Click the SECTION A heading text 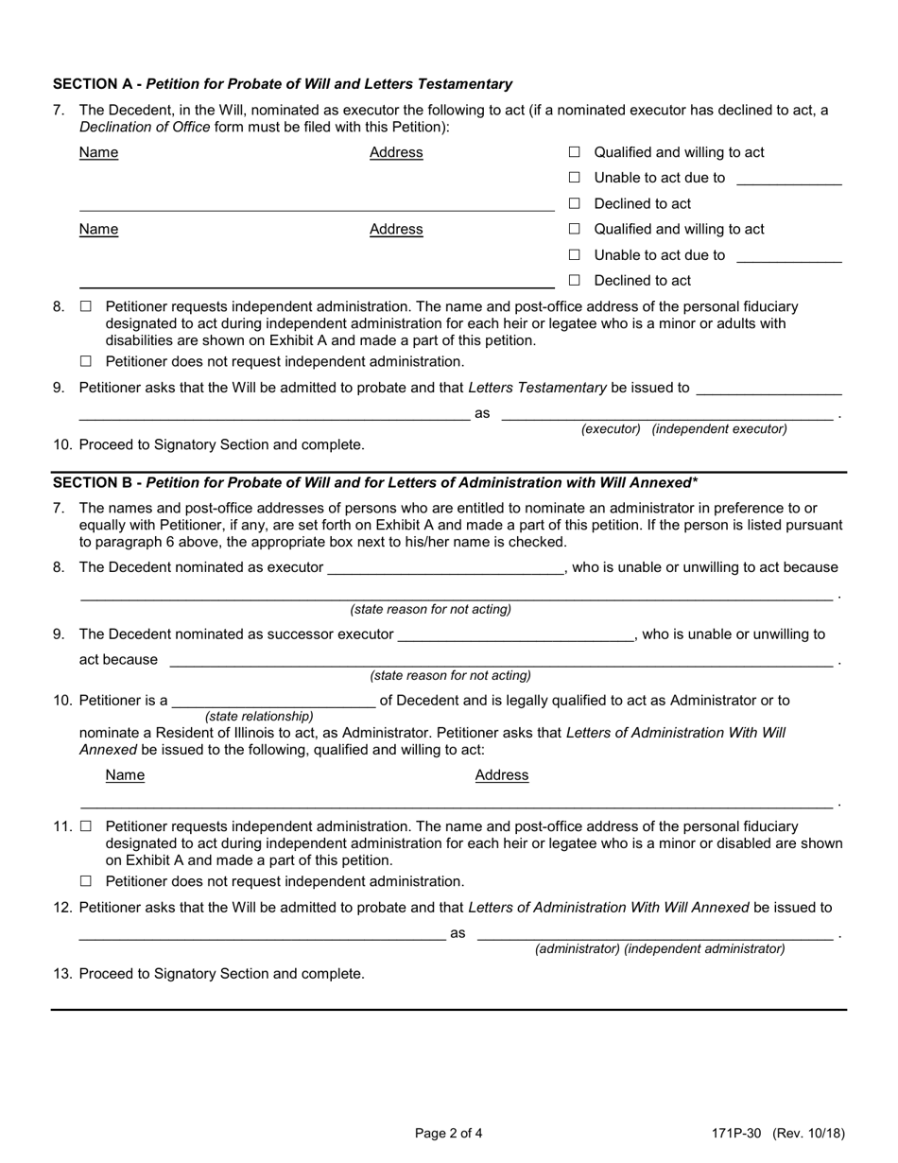pyautogui.click(x=282, y=84)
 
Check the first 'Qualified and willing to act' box pyautogui.click(x=574, y=152)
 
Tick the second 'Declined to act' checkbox pyautogui.click(x=574, y=281)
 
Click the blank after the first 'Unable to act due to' pyautogui.click(x=787, y=179)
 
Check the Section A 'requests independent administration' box pyautogui.click(x=86, y=307)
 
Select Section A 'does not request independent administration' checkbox pyautogui.click(x=86, y=361)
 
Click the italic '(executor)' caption pyautogui.click(x=611, y=429)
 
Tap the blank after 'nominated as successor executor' pyautogui.click(x=515, y=634)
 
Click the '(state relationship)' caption pyautogui.click(x=259, y=717)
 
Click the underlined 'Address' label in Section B pyautogui.click(x=501, y=775)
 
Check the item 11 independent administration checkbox pyautogui.click(x=86, y=826)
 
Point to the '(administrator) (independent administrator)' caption pyautogui.click(x=660, y=948)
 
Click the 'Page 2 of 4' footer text pyautogui.click(x=449, y=1133)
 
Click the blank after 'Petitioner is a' pyautogui.click(x=273, y=702)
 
